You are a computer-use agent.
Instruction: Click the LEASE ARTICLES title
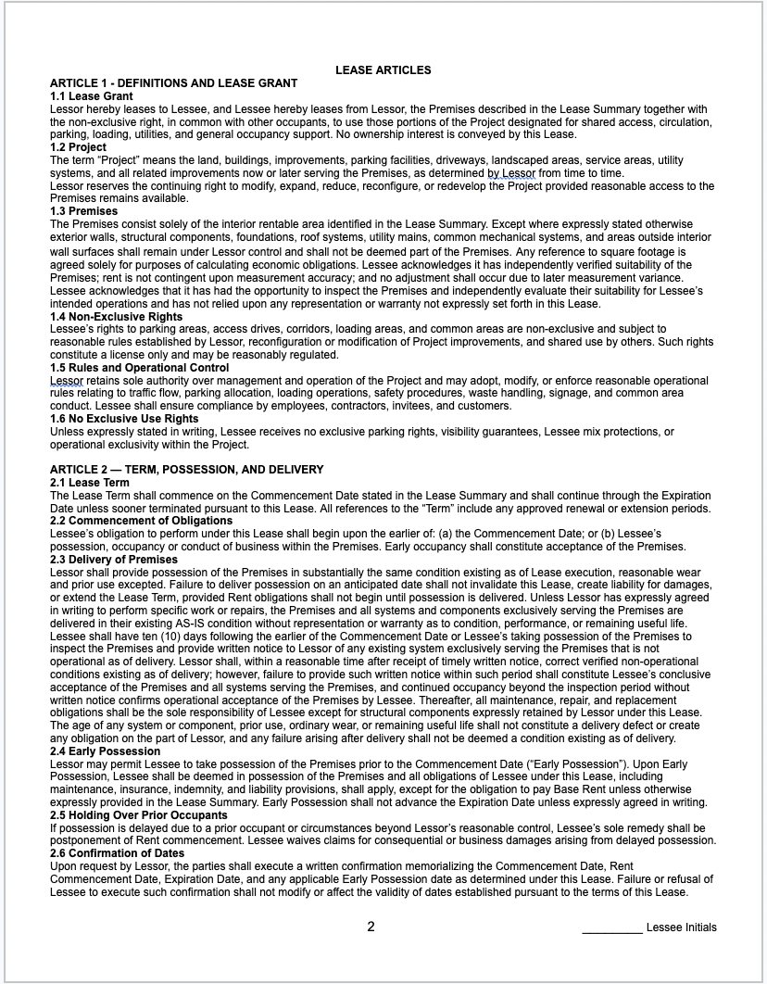pos(383,70)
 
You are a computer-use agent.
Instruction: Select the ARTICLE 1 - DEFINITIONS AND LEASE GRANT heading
pos(173,83)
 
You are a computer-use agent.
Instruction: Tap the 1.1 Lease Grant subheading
pos(91,96)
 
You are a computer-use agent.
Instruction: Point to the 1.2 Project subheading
pos(78,147)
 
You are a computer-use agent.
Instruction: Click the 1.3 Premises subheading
pos(83,211)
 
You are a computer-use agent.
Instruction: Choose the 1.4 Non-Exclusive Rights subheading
pos(116,317)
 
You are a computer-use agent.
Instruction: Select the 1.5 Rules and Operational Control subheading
pos(139,368)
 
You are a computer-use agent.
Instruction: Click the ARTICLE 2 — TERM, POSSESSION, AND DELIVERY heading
pos(186,470)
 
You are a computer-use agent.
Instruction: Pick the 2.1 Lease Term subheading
pos(89,483)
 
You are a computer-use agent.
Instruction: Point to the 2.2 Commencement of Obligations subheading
pos(139,521)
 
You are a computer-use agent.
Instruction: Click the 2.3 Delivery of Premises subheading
pos(113,560)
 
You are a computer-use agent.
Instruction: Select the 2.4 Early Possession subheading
pos(105,751)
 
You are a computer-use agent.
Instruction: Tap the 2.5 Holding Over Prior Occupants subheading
pos(138,815)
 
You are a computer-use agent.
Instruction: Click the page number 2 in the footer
pos(371,927)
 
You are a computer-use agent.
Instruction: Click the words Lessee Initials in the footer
pos(682,927)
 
